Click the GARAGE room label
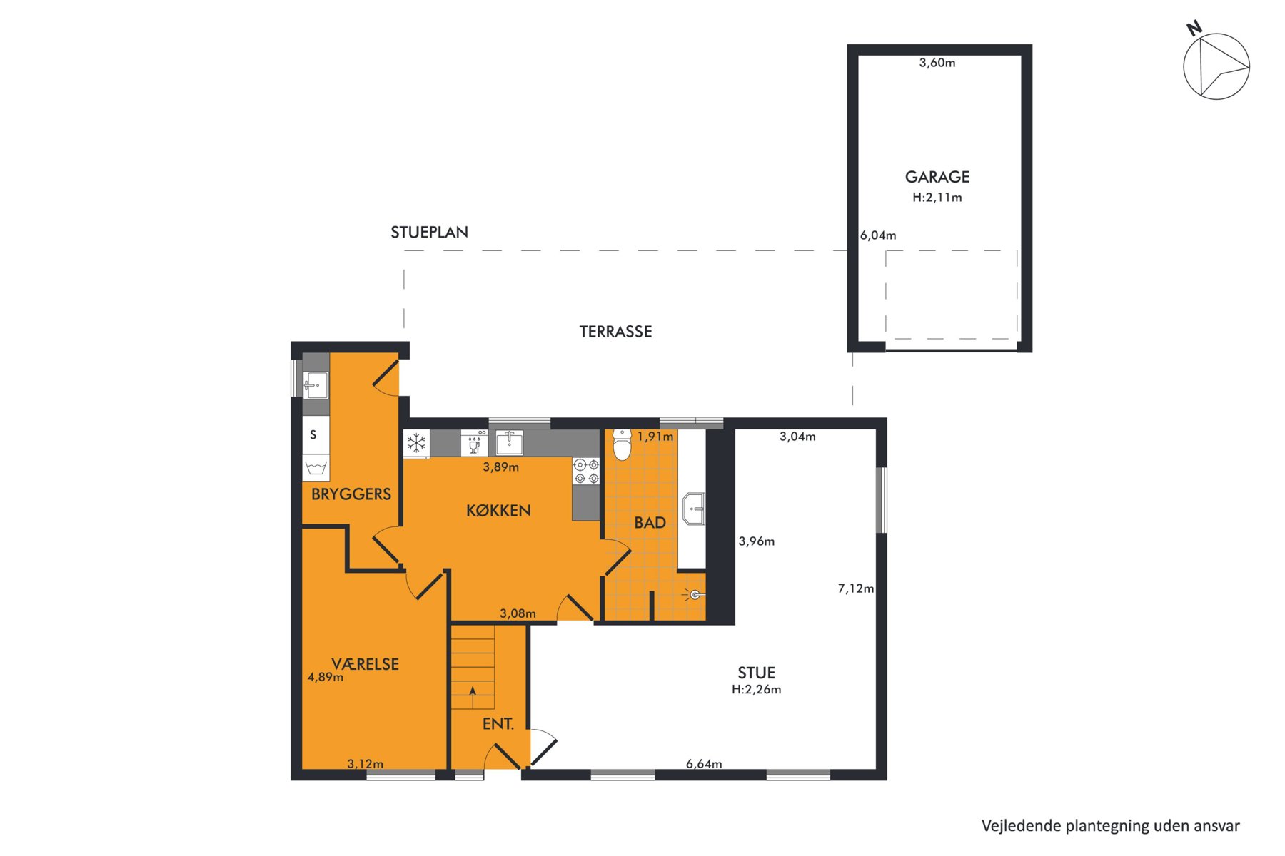click(937, 177)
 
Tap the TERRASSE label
click(615, 332)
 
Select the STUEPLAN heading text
click(429, 233)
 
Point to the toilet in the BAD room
click(623, 444)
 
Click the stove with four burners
click(586, 472)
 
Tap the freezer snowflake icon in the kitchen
click(416, 444)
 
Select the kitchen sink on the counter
click(510, 442)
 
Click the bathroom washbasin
click(693, 509)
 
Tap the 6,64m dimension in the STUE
click(704, 764)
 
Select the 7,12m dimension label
click(855, 588)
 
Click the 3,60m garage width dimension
click(937, 63)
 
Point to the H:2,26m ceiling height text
click(757, 690)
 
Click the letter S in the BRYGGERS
click(313, 434)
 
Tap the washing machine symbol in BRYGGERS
click(316, 468)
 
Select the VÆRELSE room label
click(365, 664)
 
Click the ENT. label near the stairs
click(498, 724)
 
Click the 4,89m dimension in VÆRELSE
click(326, 678)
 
